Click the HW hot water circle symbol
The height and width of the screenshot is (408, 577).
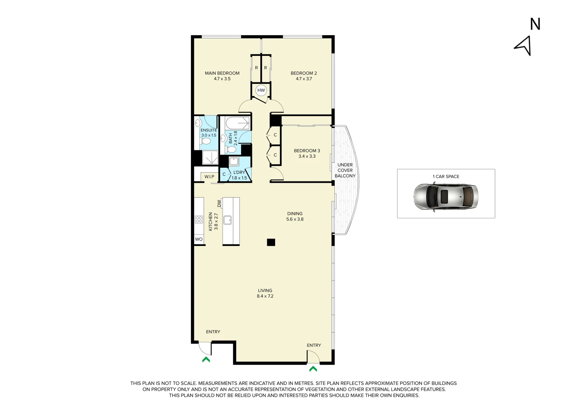pyautogui.click(x=261, y=90)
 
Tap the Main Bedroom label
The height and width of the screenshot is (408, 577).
pyautogui.click(x=222, y=73)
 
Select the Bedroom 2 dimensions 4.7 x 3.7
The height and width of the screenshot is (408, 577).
pyautogui.click(x=303, y=79)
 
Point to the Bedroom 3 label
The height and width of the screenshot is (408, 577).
pyautogui.click(x=307, y=151)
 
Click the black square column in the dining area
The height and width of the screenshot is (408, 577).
pyautogui.click(x=271, y=243)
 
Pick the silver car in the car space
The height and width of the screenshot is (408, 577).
pyautogui.click(x=446, y=196)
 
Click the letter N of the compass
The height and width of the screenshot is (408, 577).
pyautogui.click(x=535, y=24)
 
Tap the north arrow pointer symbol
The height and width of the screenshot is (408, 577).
pyautogui.click(x=524, y=46)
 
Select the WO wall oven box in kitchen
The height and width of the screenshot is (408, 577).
pyautogui.click(x=199, y=239)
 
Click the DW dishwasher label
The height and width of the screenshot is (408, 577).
pyautogui.click(x=219, y=203)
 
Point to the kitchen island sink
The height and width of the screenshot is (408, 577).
pyautogui.click(x=227, y=219)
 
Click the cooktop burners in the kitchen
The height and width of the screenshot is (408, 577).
pyautogui.click(x=199, y=219)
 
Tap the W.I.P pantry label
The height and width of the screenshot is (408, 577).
pyautogui.click(x=209, y=177)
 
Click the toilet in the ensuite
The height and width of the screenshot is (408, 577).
pyautogui.click(x=206, y=142)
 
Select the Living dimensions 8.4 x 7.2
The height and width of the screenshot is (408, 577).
pyautogui.click(x=265, y=296)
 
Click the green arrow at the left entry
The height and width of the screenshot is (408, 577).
pyautogui.click(x=206, y=360)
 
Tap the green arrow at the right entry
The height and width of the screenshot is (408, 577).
pyautogui.click(x=313, y=369)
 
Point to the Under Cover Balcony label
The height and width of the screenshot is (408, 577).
pyautogui.click(x=345, y=170)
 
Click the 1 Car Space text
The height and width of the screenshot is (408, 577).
pyautogui.click(x=446, y=176)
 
